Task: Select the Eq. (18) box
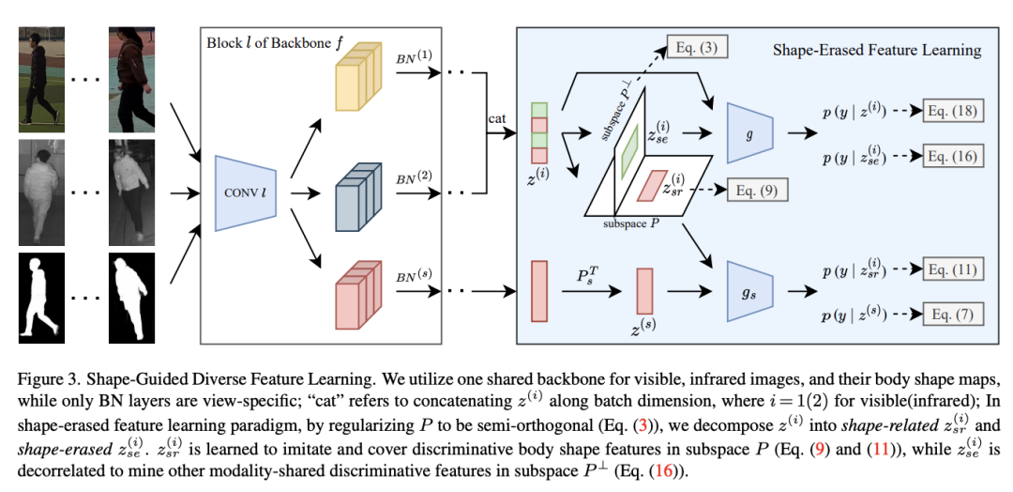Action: tap(952, 112)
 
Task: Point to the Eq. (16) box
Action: tap(952, 154)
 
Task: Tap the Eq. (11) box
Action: tap(952, 270)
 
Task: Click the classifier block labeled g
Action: tap(749, 133)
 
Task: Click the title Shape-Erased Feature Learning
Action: tap(877, 50)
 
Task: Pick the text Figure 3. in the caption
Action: tap(46, 380)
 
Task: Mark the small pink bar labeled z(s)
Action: tap(644, 290)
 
